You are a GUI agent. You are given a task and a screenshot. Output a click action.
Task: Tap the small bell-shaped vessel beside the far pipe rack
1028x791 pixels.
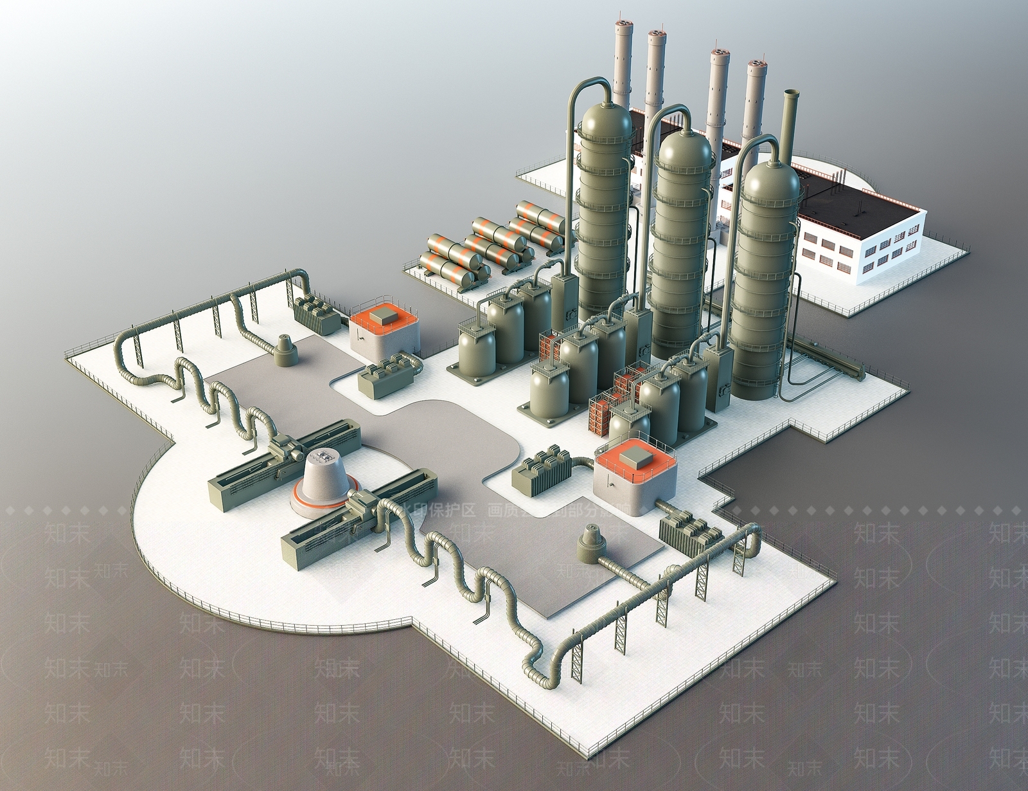284,350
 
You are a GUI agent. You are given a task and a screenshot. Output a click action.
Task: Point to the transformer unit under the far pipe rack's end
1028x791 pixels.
315,313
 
